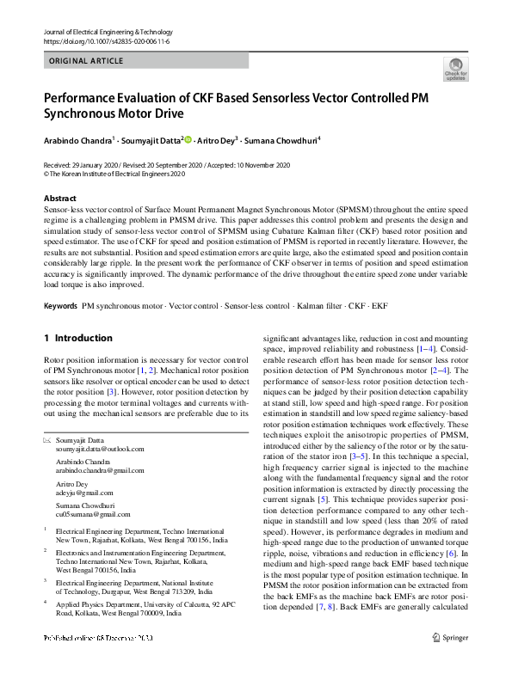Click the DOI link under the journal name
click(102, 40)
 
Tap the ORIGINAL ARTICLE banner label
click(85, 61)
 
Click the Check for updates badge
click(455, 70)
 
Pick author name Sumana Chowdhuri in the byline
click(282, 139)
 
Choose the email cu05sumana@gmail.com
click(92, 514)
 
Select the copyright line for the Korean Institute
click(114, 172)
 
